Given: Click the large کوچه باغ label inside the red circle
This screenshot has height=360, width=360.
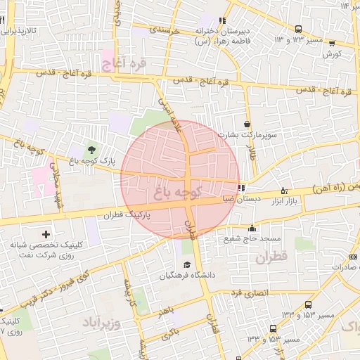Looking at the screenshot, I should pyautogui.click(x=179, y=190).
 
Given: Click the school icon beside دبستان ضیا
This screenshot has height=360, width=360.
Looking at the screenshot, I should pyautogui.click(x=242, y=188).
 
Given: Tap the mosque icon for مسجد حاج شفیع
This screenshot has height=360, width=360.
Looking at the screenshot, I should pyautogui.click(x=252, y=228).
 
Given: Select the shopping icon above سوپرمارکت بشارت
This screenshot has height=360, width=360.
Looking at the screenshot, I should pyautogui.click(x=246, y=124).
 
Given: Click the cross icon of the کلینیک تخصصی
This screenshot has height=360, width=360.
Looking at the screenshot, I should pyautogui.click(x=46, y=233).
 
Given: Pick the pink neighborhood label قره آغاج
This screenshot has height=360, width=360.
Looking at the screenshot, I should pyautogui.click(x=124, y=65).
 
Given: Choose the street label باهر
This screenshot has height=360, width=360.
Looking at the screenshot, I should pyautogui.click(x=165, y=309).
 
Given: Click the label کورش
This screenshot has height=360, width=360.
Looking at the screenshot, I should pyautogui.click(x=332, y=53).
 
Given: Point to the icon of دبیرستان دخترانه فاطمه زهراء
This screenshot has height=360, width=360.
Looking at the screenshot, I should pyautogui.click(x=223, y=20).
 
